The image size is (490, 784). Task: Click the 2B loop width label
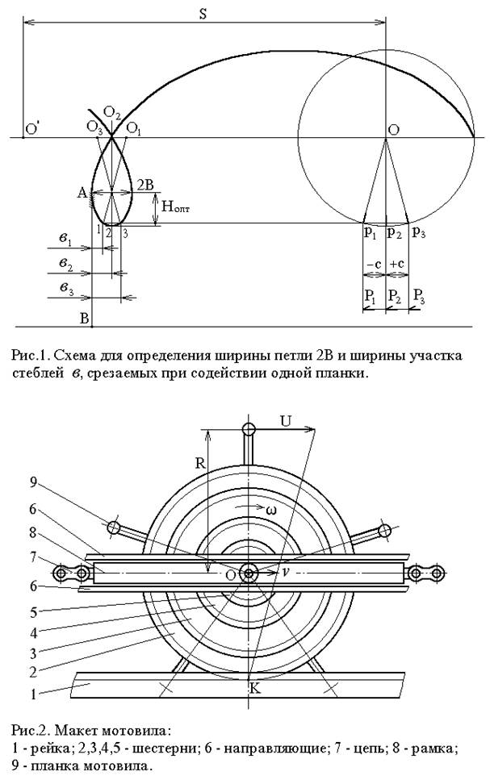point(147,184)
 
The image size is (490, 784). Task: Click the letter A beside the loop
point(82,192)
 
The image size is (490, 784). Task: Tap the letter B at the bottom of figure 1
point(83,319)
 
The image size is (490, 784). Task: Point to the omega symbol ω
point(274,510)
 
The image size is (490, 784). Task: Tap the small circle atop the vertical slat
point(249,428)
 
